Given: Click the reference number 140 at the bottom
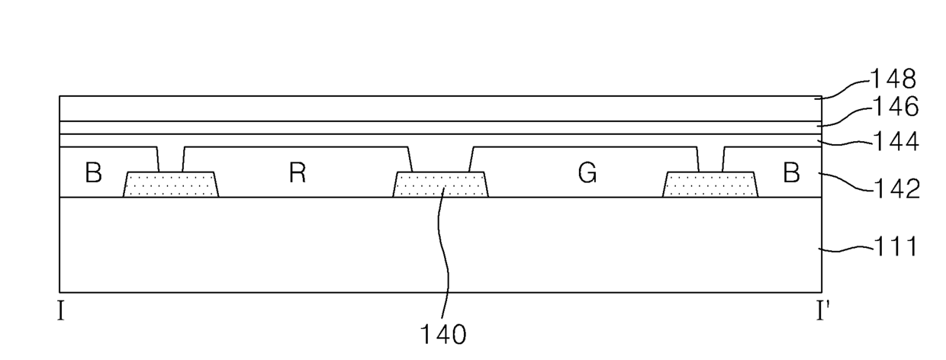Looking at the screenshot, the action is (x=443, y=334).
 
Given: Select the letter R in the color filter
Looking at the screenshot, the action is (x=298, y=174).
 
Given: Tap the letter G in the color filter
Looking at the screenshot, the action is (x=587, y=174).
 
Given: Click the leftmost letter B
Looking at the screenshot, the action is (x=93, y=174).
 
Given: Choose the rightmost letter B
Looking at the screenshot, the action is (x=792, y=174).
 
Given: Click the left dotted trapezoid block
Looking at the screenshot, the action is (x=171, y=185).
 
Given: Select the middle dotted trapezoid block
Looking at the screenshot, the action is (x=440, y=185).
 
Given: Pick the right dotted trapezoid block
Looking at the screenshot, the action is (x=711, y=185).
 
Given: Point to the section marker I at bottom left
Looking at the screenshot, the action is (x=60, y=312).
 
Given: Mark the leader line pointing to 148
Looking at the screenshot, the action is (x=844, y=88).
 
